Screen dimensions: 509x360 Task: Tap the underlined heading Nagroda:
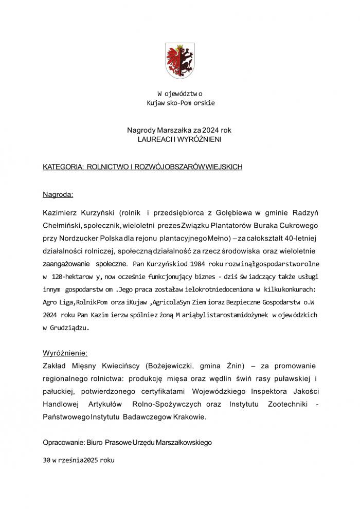58,195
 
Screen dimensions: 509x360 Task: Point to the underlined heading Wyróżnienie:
65,353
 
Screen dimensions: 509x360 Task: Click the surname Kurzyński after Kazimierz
97,212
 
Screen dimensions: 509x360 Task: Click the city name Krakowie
189,418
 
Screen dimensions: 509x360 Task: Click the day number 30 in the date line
47,461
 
